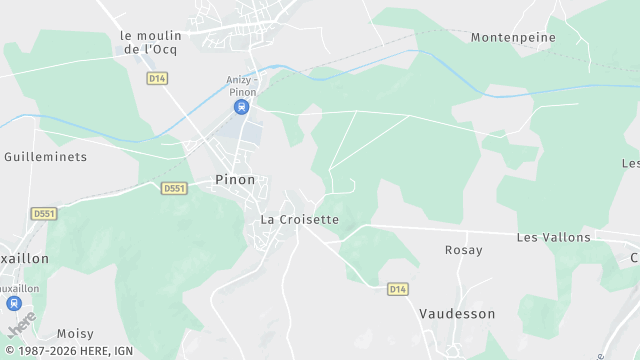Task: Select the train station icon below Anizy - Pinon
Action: click(241, 107)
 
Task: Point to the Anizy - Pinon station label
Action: click(241, 87)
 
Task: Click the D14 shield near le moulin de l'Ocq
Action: click(156, 78)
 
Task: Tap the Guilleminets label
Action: click(46, 157)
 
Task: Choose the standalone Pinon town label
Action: click(235, 180)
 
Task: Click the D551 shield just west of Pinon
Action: click(174, 188)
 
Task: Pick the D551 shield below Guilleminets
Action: click(43, 214)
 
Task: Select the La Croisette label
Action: click(300, 219)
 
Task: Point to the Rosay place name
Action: click(463, 250)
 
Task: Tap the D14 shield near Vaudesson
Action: click(398, 289)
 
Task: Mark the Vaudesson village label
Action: click(457, 313)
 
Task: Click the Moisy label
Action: click(75, 333)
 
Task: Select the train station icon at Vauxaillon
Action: click(14, 303)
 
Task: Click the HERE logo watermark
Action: click(21, 325)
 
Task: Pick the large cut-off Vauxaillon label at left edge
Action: click(24, 258)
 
